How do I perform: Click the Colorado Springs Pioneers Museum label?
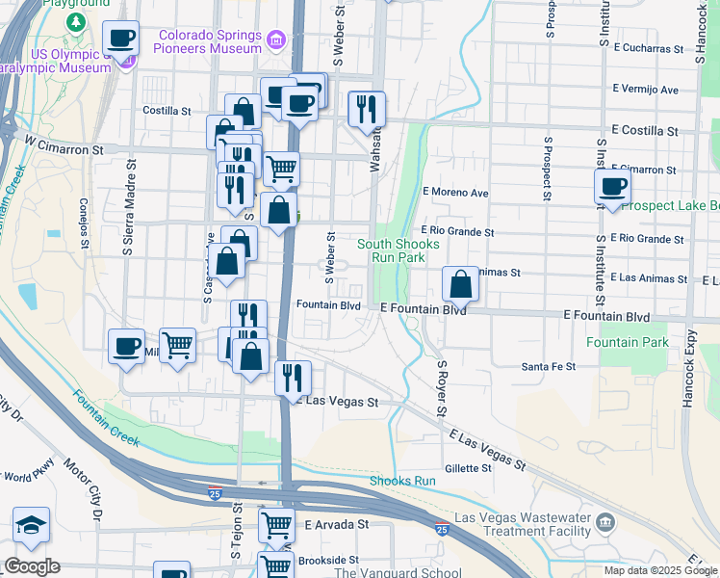tap(209, 40)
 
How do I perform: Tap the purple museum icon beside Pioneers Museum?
tap(277, 40)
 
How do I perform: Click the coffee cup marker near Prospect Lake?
tap(613, 188)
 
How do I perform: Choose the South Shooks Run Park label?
tap(398, 250)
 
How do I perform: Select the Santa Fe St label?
tap(548, 366)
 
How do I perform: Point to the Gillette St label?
tap(469, 468)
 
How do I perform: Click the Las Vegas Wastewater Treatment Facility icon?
tap(605, 523)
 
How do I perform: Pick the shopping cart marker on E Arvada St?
tap(275, 526)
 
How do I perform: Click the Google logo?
tap(32, 566)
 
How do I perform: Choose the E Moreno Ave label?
tap(455, 193)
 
